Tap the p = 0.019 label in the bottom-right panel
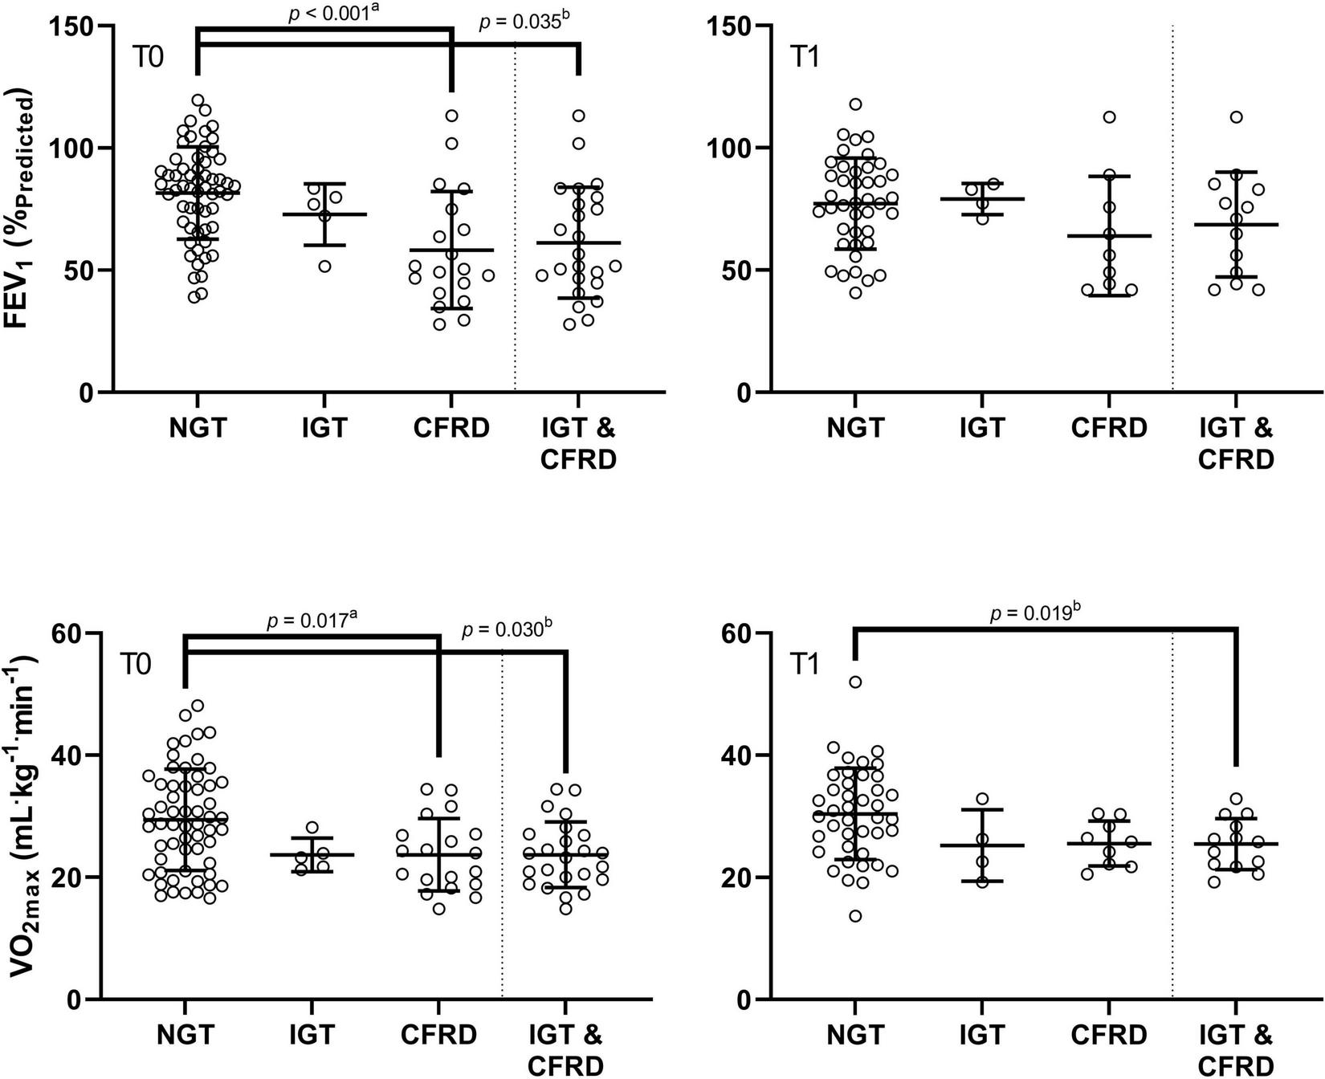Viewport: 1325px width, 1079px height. click(x=1030, y=613)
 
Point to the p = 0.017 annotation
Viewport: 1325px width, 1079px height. click(x=312, y=620)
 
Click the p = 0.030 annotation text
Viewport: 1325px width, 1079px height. click(x=508, y=630)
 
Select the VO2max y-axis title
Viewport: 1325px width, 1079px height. click(x=22, y=811)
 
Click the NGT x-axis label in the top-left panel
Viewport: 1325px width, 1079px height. click(x=198, y=428)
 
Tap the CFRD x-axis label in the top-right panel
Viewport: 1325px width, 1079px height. click(x=1109, y=428)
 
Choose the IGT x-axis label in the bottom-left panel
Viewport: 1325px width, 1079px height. click(x=312, y=1035)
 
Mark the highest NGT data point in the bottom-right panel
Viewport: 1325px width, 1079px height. click(x=856, y=682)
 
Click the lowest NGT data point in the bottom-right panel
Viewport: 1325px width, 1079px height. click(x=856, y=916)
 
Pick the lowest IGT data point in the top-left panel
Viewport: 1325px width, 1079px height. click(x=325, y=267)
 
